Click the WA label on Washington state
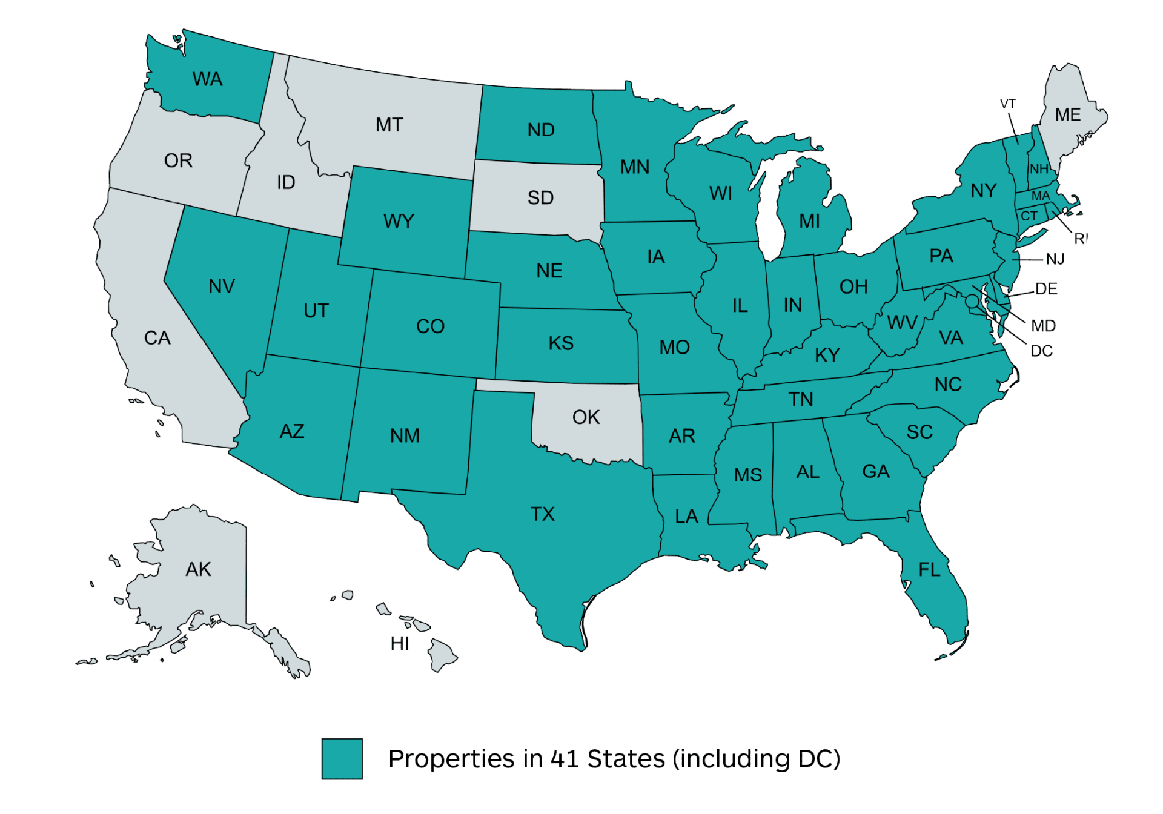[207, 79]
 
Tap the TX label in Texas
[542, 514]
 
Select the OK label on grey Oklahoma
[586, 417]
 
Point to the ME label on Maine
[1067, 115]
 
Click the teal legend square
[342, 758]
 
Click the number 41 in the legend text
[565, 759]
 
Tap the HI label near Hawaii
[400, 644]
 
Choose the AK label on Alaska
[198, 569]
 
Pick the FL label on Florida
[929, 570]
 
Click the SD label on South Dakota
[540, 198]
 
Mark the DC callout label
[1041, 351]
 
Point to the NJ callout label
[1055, 259]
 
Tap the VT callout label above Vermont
[1008, 104]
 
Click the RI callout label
[1081, 239]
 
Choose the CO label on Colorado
[430, 326]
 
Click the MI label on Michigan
[809, 221]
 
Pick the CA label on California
[157, 338]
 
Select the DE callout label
[1046, 289]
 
